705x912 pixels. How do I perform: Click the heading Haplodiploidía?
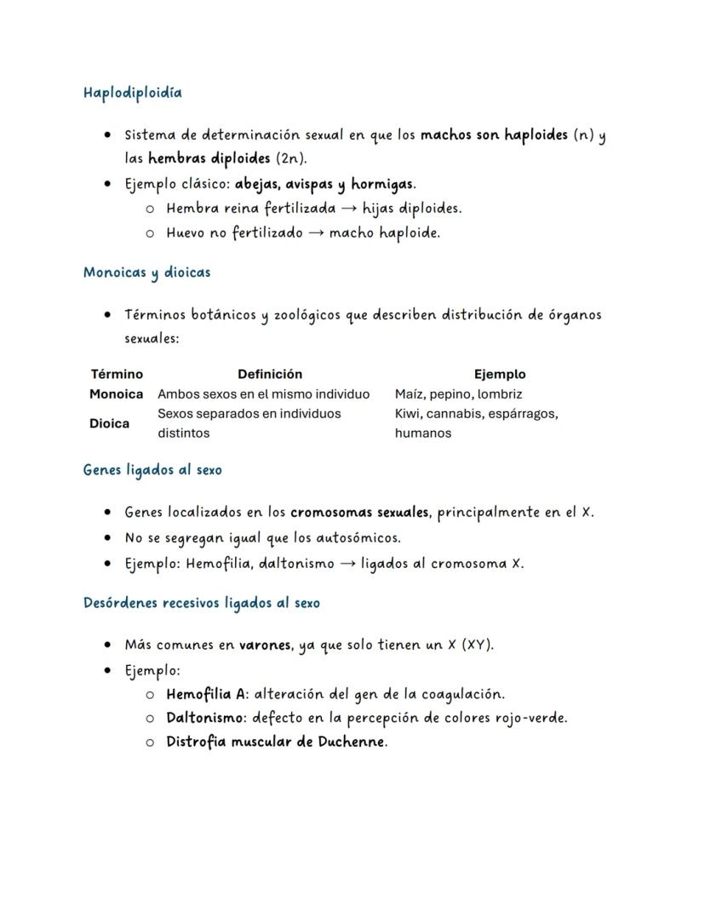click(x=132, y=92)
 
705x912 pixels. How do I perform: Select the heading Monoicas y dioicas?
click(x=146, y=272)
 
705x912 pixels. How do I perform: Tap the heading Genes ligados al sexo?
click(x=152, y=469)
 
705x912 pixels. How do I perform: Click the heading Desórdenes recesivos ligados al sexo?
click(x=202, y=603)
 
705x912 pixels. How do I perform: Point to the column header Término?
click(x=117, y=374)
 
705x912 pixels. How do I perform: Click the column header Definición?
click(x=270, y=374)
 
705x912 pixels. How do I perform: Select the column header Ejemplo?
click(x=500, y=374)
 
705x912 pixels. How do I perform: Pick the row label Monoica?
click(x=116, y=394)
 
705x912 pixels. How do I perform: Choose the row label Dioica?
click(x=109, y=423)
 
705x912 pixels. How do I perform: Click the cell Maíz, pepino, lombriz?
click(x=458, y=394)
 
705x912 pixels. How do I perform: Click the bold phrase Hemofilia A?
click(x=207, y=694)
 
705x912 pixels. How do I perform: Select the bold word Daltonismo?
click(x=204, y=718)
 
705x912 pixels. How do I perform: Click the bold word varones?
click(x=266, y=645)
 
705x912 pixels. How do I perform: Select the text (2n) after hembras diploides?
click(x=289, y=158)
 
